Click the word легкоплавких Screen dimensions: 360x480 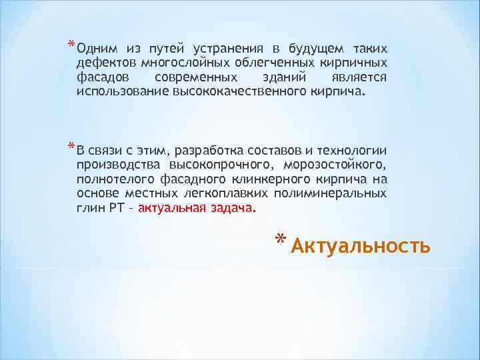[x=224, y=193]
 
